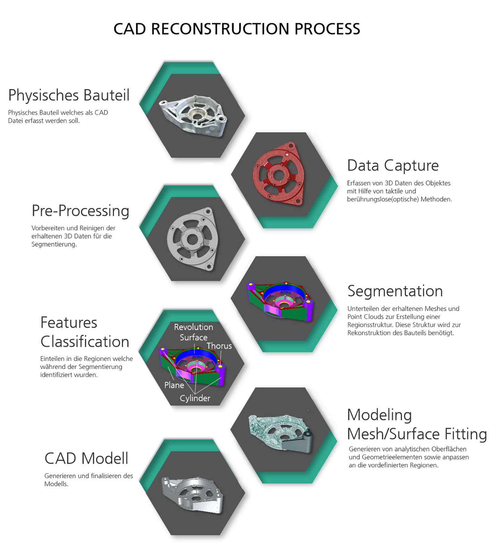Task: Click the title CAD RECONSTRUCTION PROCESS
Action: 237,29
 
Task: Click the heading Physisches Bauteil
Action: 69,95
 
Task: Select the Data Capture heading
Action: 393,166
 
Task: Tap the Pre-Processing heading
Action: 80,211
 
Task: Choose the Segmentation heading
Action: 395,291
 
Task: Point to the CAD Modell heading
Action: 86,459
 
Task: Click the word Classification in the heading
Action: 85,342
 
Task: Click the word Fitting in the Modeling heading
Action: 466,434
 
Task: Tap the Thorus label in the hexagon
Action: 219,346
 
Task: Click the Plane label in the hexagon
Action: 174,385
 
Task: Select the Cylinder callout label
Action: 195,398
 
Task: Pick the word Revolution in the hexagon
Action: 193,327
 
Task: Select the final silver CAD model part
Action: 192,495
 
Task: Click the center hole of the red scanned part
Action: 277,175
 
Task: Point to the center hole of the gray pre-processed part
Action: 192,239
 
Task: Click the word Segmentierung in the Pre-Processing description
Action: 54,244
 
